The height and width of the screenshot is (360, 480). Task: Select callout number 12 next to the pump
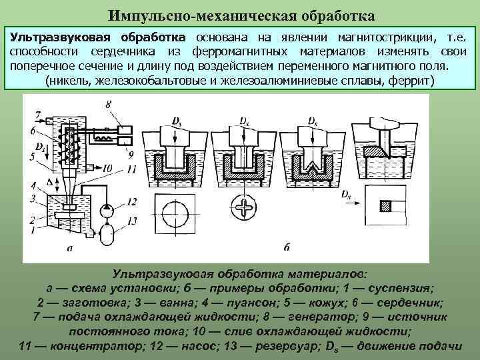point(131,202)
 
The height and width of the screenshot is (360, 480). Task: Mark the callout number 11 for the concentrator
point(131,170)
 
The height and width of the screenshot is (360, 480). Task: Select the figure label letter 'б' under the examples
point(287,248)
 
